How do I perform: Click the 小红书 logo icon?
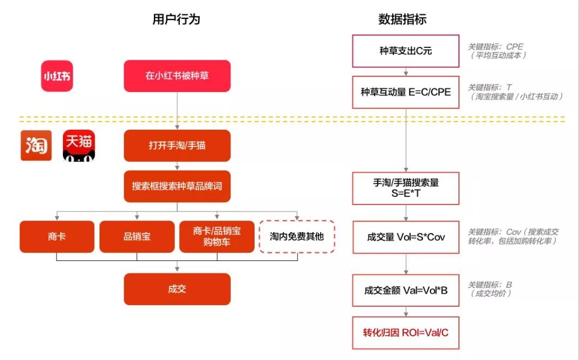(57, 76)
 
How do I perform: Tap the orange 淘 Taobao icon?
(36, 145)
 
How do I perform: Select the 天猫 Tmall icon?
(79, 145)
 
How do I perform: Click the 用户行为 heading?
(176, 19)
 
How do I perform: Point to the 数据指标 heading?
(403, 19)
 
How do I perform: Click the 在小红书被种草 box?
(177, 76)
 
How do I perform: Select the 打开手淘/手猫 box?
(177, 145)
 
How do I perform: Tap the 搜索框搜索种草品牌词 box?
(177, 186)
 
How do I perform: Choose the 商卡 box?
(57, 236)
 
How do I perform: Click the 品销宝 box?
(137, 236)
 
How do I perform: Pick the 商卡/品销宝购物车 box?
(217, 236)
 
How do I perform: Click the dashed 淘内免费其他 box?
(297, 236)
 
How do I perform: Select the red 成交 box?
(177, 289)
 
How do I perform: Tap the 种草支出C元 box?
(406, 51)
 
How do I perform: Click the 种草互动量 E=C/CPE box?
(406, 92)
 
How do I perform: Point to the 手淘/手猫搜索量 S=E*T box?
(406, 188)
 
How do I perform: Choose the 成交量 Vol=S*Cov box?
(406, 237)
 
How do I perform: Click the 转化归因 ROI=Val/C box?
(406, 332)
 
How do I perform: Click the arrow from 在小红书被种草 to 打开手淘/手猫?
(177, 110)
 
